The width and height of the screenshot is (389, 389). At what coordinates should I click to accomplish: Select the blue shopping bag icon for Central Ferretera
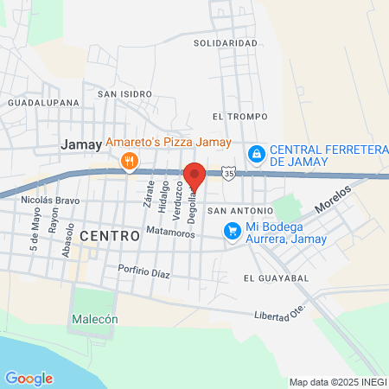[x=256, y=154]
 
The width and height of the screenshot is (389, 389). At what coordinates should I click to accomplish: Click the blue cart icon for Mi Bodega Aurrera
[x=232, y=230]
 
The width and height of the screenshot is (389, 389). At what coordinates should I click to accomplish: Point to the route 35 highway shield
[x=227, y=174]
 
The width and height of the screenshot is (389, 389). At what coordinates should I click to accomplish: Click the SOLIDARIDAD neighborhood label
[x=226, y=42]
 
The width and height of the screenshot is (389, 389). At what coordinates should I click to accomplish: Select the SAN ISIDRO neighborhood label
[x=124, y=93]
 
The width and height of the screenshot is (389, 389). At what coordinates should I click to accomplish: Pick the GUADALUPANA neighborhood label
[x=43, y=102]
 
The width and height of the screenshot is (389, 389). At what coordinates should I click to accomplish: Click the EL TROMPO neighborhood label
[x=239, y=116]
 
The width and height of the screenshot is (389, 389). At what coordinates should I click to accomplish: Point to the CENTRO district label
[x=109, y=235]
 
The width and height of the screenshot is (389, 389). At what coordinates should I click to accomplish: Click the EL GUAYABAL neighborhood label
[x=276, y=278]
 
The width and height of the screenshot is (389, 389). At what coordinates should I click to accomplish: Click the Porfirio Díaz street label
[x=145, y=272]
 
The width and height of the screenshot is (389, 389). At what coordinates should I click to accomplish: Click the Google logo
[x=29, y=378]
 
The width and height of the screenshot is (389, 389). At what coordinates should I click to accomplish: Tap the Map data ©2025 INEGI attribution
[x=337, y=382]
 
